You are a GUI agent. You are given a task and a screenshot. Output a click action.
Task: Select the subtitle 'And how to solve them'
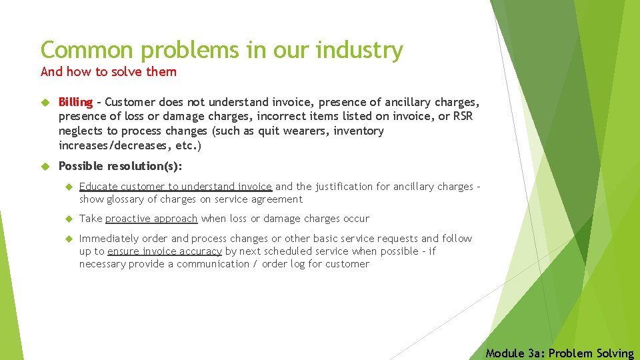coord(109,71)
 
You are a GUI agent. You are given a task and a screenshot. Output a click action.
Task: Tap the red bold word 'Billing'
coord(75,102)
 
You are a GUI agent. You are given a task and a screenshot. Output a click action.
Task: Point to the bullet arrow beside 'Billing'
coord(45,103)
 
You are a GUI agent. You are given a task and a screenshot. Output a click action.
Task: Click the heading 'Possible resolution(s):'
coord(120,165)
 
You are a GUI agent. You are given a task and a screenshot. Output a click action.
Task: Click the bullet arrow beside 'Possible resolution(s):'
coord(45,166)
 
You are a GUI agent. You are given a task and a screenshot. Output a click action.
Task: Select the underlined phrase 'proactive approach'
coord(151,219)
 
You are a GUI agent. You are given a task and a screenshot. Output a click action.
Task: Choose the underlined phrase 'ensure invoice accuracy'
coord(165,251)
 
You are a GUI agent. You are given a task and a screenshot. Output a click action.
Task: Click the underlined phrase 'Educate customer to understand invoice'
coord(175,187)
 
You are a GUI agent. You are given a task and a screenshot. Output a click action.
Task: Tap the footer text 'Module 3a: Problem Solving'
coord(560,353)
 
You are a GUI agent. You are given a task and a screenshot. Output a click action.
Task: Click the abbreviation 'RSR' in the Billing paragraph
coord(465,117)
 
